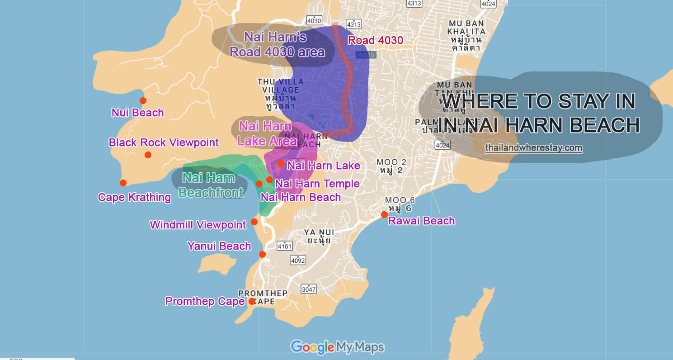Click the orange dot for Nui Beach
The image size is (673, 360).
coord(143,100)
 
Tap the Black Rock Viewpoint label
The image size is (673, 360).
coord(164,142)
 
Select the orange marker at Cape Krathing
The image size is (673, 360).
coord(123,183)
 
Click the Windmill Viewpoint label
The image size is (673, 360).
coord(198,224)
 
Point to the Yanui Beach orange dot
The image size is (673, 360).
coord(262,254)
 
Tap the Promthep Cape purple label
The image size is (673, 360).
coord(205,301)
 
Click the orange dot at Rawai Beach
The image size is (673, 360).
coord(384,214)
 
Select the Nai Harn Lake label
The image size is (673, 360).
coord(324,166)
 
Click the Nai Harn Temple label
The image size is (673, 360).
coord(317,184)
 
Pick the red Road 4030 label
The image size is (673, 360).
coord(375,40)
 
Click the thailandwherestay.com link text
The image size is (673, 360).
coord(534,148)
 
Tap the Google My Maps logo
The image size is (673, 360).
coord(337,347)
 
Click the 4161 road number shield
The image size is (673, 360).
coord(285,246)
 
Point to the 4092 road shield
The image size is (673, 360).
coord(298,261)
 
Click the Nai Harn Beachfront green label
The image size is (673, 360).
coord(210,185)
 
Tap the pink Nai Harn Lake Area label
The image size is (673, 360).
coord(267,133)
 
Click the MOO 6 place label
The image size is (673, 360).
coord(400,204)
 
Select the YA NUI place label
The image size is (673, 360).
coord(319,236)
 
